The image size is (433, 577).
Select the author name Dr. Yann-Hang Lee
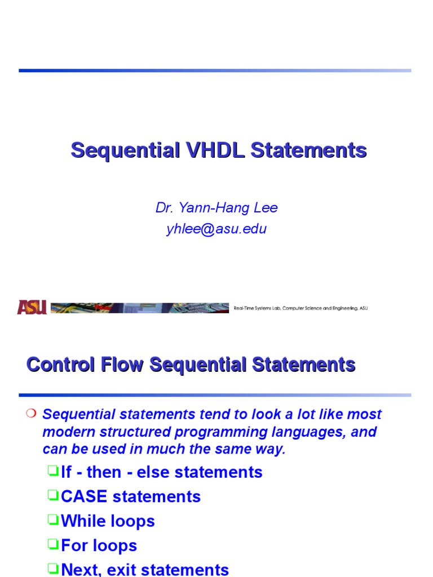[x=216, y=208]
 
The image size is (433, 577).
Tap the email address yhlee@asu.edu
[x=216, y=229]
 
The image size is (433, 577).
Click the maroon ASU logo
[x=32, y=307]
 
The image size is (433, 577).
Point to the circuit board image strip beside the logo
[x=139, y=308]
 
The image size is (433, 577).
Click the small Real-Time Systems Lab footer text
[x=301, y=308]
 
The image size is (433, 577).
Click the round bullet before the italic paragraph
[x=31, y=414]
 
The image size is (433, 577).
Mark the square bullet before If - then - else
[x=53, y=471]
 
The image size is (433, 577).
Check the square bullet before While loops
[x=53, y=520]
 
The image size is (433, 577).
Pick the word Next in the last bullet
[x=81, y=570]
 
